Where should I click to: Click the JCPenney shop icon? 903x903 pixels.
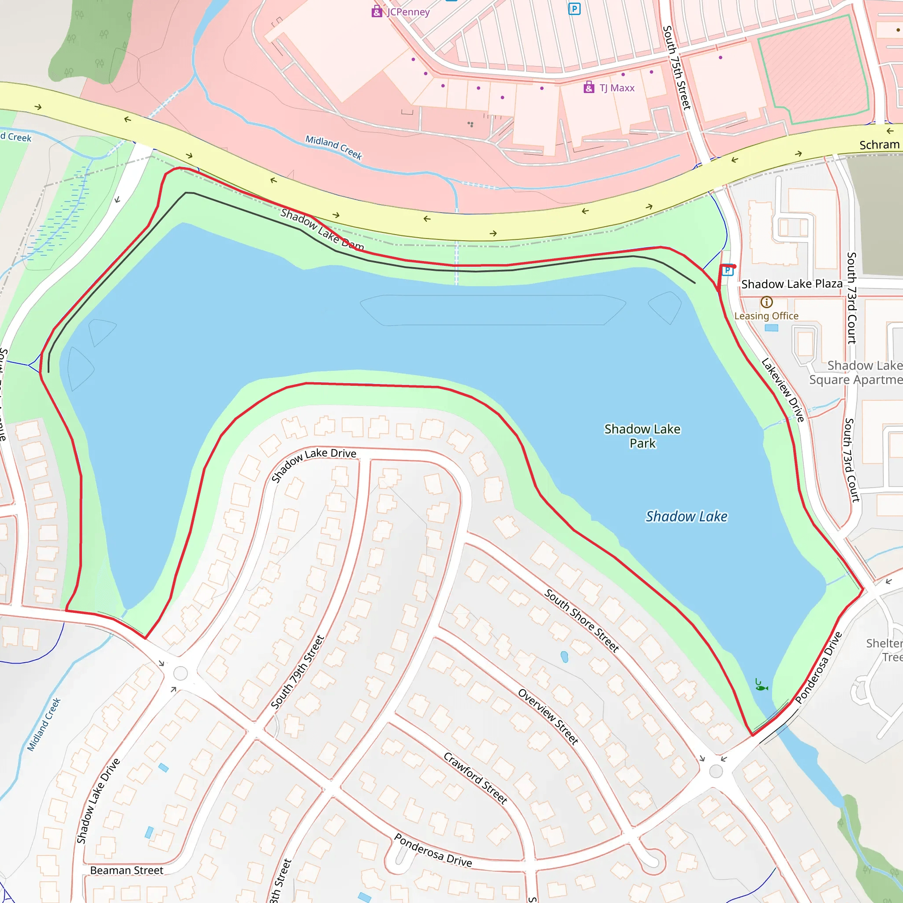[x=377, y=12]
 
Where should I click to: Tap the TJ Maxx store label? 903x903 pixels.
[x=616, y=88]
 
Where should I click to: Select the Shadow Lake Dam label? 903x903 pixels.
[x=322, y=230]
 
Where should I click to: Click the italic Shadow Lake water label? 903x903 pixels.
[x=686, y=516]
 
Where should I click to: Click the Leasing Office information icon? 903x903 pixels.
[x=766, y=302]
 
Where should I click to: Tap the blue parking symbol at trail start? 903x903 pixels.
[x=727, y=270]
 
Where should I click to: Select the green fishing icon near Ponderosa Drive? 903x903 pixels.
[x=761, y=687]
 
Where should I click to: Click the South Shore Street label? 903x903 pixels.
[x=582, y=620]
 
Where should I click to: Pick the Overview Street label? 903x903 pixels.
[x=548, y=716]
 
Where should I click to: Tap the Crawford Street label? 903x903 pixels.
[x=475, y=778]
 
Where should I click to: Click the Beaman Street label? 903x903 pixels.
[x=127, y=870]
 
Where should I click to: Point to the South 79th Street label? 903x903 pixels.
[x=298, y=672]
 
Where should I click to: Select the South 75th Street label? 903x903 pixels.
[x=677, y=68]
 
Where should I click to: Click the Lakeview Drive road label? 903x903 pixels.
[x=783, y=390]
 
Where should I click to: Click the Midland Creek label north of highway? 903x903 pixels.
[x=334, y=147]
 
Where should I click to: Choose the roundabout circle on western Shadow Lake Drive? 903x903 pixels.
[x=180, y=674]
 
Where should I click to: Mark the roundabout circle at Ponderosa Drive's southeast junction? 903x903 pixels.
[x=716, y=772]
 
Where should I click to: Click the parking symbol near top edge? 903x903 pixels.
[x=574, y=9]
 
